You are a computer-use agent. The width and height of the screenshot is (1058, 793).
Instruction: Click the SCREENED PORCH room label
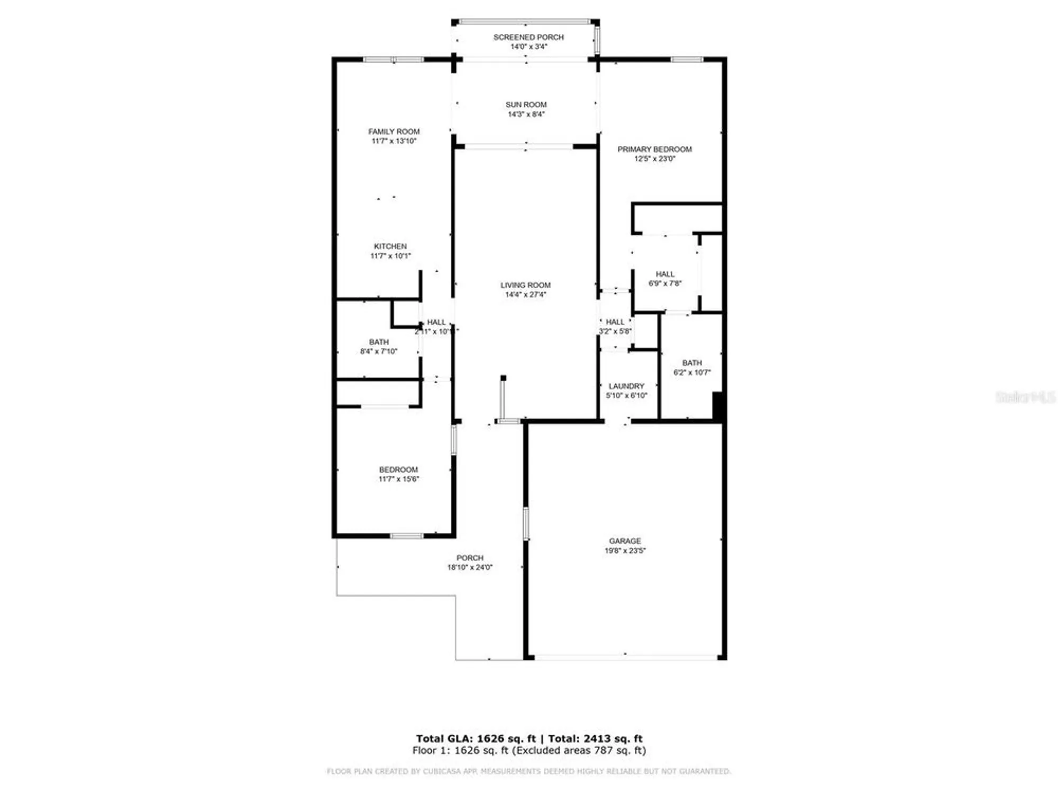point(528,37)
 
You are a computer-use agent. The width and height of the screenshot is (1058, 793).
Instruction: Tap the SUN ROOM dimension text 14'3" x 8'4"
point(526,114)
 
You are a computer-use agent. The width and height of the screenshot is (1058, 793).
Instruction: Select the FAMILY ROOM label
point(394,132)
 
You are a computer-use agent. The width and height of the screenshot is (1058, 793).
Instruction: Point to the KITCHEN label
point(390,246)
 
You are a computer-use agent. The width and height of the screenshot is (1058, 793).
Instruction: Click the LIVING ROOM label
point(525,285)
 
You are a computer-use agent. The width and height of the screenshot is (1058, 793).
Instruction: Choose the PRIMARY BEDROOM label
point(654,149)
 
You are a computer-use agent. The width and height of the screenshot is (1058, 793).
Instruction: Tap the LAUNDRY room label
point(626,386)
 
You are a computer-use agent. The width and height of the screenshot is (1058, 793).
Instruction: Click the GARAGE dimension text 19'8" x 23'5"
point(625,550)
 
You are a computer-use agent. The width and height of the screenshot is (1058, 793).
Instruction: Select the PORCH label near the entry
point(470,558)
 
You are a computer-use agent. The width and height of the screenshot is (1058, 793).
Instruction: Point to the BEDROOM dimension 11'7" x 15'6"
point(398,479)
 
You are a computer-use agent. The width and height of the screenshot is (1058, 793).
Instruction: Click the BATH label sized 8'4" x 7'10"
point(379,342)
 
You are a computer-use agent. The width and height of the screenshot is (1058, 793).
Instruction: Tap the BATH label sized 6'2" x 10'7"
point(692,363)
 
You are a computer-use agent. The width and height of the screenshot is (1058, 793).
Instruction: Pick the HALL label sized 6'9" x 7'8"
point(665,274)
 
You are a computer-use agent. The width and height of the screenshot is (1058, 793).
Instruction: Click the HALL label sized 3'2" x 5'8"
point(615,322)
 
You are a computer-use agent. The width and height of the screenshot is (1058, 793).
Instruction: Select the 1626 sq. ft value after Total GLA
point(506,739)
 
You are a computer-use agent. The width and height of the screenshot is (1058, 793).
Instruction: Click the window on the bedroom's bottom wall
point(406,536)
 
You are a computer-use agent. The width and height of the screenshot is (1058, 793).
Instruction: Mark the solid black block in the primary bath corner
point(717,406)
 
